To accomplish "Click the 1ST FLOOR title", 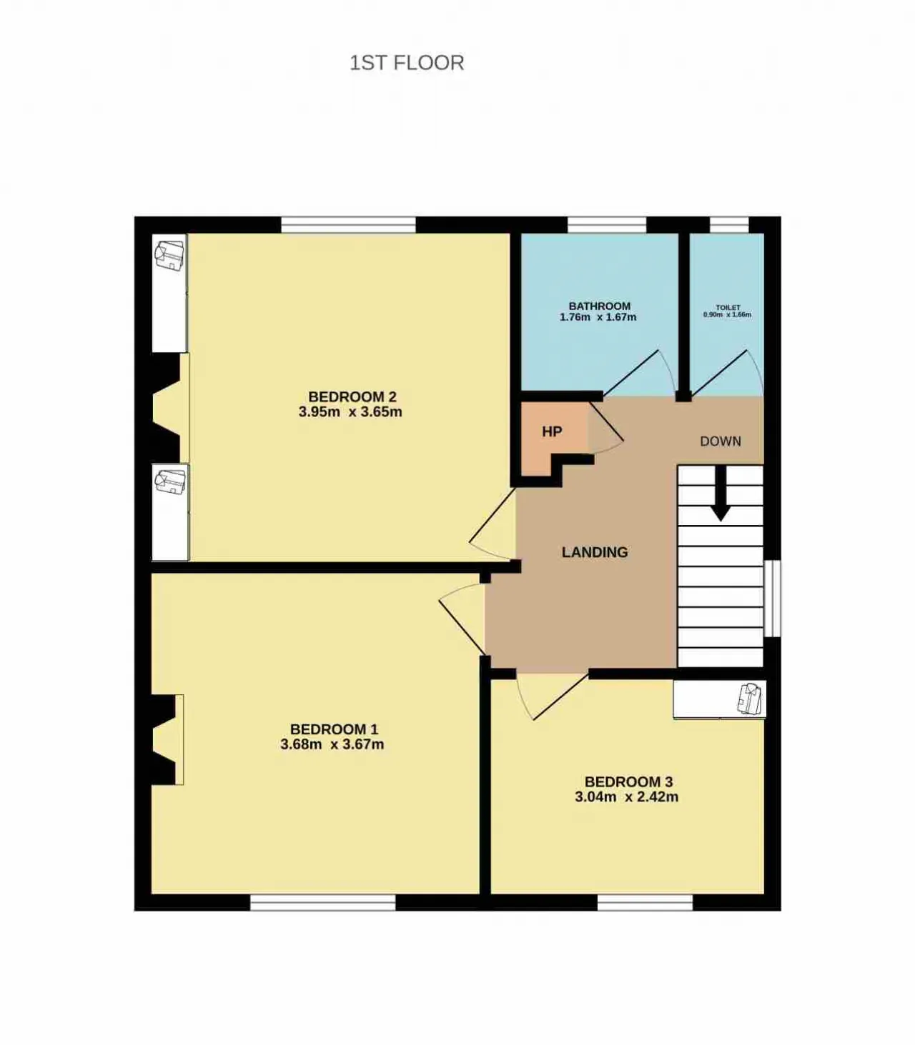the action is (x=407, y=63).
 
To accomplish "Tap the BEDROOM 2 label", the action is (x=352, y=396).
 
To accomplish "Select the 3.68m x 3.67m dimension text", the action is (x=332, y=744).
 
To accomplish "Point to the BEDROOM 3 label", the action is (x=629, y=781).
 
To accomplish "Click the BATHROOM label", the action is (x=600, y=306).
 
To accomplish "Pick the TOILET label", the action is (x=728, y=307).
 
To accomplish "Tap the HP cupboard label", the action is (x=552, y=431).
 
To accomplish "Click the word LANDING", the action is (x=595, y=552).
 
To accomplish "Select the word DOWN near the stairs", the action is (x=721, y=441).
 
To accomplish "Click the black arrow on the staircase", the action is (x=721, y=493).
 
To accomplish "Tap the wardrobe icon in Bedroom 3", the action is (x=749, y=698).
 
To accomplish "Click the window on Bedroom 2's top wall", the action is (x=348, y=225).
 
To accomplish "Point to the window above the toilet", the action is (x=729, y=225).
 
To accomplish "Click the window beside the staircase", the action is (x=772, y=599).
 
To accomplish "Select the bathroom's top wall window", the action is (x=607, y=225).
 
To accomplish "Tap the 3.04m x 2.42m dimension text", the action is (x=627, y=796).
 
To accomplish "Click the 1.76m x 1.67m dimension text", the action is (x=598, y=317).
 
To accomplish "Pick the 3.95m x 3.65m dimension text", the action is (x=351, y=411).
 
